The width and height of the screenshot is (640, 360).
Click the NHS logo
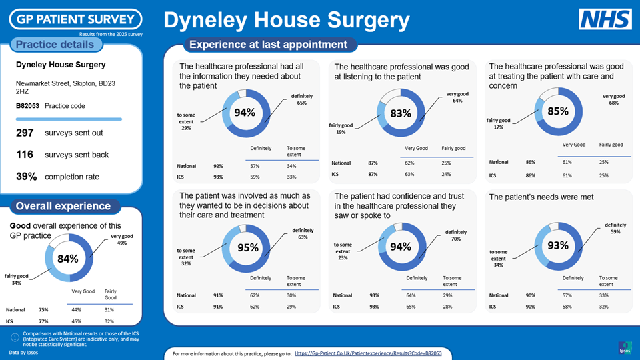coord(605,19)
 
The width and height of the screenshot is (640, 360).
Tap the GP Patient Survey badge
coord(75,19)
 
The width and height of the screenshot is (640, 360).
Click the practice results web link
coord(368,352)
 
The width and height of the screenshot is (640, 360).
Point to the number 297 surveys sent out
coord(25,133)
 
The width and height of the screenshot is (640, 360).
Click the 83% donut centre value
coord(401,114)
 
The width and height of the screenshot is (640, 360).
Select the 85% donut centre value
coord(557,111)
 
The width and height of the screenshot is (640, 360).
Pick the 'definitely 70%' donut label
coord(455,235)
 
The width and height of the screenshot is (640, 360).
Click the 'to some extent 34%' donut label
coord(499,258)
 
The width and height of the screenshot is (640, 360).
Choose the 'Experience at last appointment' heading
coord(269,45)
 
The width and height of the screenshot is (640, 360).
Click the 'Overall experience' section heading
coord(63,206)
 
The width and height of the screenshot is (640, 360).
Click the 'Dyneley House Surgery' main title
coord(287,21)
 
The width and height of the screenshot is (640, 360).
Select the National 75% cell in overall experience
coord(43,309)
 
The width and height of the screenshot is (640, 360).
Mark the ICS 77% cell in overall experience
coord(43,321)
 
